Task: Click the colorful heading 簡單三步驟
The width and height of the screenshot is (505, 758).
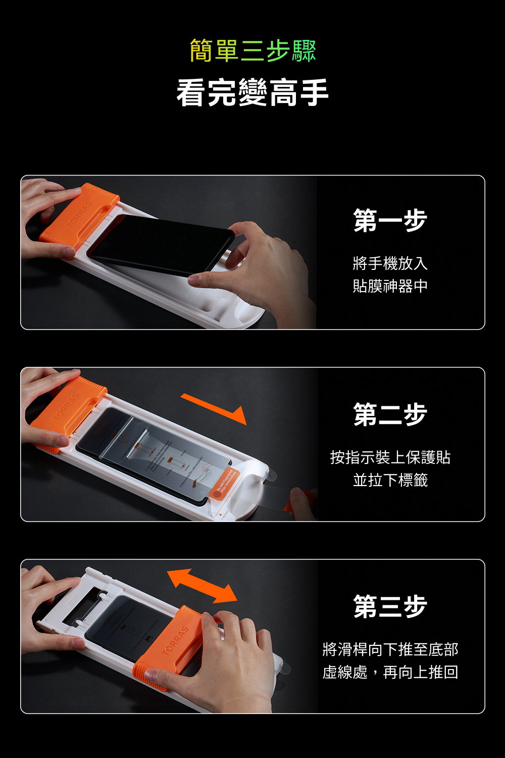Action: (252, 51)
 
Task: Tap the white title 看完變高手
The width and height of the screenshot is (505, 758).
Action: (252, 92)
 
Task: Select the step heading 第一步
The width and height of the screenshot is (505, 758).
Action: (390, 221)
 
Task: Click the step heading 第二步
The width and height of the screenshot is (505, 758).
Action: (390, 414)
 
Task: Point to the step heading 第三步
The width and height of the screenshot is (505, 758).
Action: (390, 606)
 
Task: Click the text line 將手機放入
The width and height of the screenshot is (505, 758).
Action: (390, 263)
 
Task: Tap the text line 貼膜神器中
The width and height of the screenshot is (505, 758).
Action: (390, 286)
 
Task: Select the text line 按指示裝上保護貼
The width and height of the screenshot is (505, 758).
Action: (390, 457)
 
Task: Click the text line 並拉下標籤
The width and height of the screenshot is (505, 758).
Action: (390, 480)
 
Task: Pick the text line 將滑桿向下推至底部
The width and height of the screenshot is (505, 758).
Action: (390, 649)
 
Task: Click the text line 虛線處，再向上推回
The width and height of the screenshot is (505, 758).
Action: (390, 672)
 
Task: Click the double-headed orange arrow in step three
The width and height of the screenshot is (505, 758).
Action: (202, 586)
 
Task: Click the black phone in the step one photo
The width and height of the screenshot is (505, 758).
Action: (159, 243)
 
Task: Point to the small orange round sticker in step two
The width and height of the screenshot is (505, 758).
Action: (217, 494)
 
